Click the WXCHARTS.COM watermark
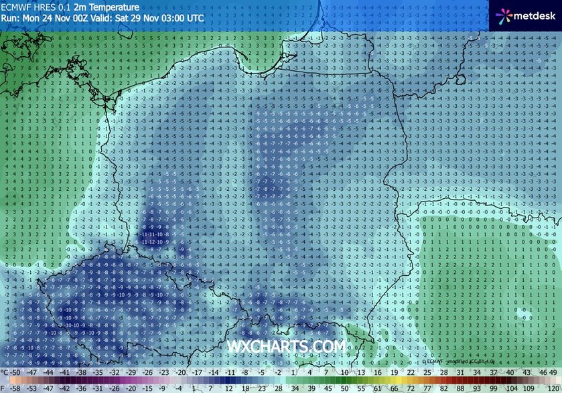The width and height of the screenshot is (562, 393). coord(286,346)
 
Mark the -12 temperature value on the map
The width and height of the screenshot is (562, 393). coord(155,242)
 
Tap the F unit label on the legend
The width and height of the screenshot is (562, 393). coord(4,388)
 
